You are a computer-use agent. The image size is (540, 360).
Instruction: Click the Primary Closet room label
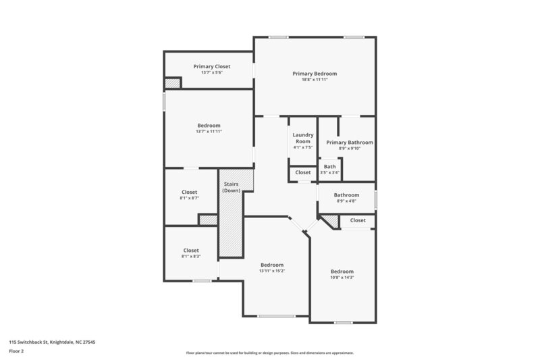point(212,66)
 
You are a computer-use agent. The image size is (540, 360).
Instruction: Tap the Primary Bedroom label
point(315,73)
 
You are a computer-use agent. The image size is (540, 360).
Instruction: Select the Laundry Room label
point(303,138)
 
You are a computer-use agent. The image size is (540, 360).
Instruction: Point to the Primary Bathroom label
point(350,143)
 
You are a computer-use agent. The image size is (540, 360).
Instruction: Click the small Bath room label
point(329,167)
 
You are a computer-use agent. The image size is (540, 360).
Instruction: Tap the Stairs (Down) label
point(232,187)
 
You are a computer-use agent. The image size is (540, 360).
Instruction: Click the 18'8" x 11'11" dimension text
point(315,80)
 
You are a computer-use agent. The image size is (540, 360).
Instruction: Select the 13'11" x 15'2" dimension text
point(272,271)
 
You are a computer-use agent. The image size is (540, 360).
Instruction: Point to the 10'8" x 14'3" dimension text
point(342,278)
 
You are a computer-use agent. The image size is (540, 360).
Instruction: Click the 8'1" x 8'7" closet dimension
point(190,198)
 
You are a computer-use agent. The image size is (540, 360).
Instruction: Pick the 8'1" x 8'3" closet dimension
point(191,257)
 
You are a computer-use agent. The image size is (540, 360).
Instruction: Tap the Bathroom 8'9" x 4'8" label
point(346,195)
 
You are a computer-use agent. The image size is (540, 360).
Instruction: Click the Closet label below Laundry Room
point(303,172)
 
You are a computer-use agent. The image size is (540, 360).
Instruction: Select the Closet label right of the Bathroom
point(358,220)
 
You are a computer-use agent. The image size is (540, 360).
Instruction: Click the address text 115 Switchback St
point(52,342)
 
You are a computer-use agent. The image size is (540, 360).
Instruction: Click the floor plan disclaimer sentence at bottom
point(270,353)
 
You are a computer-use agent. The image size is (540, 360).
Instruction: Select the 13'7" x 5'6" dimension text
point(212,72)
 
